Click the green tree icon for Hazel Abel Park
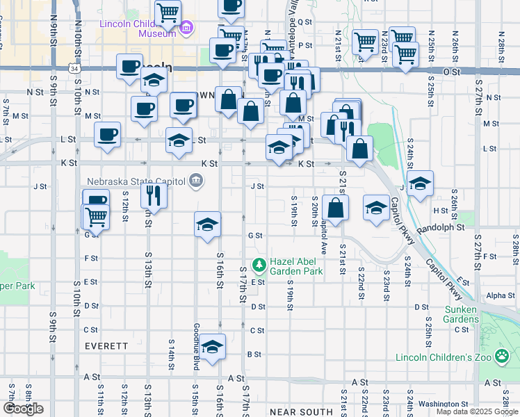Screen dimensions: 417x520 coord(259,264)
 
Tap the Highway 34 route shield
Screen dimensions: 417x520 coord(74,69)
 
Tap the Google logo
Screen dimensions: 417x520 coord(23,409)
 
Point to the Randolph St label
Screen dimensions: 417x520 coord(441,227)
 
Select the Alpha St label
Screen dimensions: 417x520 coord(501,295)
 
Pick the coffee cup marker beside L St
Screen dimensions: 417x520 coord(107,135)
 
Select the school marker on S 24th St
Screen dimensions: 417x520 coord(420,184)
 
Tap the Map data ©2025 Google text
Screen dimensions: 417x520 coord(478,411)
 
